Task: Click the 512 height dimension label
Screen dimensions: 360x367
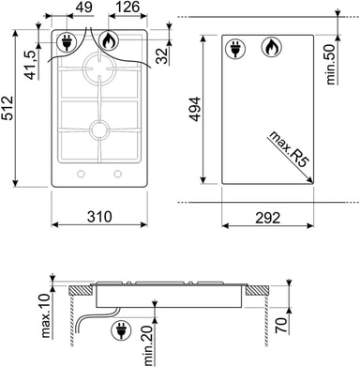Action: click(x=7, y=108)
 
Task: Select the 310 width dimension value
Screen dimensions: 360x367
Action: click(x=99, y=217)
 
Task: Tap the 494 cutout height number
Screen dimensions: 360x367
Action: click(x=195, y=109)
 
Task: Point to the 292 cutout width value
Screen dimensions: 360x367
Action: click(x=268, y=218)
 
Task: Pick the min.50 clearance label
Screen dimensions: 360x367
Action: click(x=330, y=64)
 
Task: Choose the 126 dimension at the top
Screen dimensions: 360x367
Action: click(x=127, y=7)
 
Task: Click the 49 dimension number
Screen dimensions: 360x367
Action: click(x=84, y=7)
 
